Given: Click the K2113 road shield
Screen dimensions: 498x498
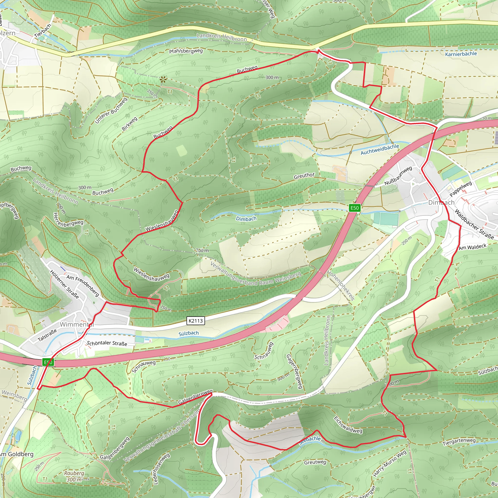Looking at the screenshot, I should pos(196,321).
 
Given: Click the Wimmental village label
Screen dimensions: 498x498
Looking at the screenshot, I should pos(77,324).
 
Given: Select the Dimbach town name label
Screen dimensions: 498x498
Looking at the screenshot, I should pos(441,203).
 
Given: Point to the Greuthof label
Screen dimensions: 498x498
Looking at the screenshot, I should pos(304,176).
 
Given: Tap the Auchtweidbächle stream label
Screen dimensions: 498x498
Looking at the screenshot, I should pos(380,150).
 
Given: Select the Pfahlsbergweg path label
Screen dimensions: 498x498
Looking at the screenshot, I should pos(186,51).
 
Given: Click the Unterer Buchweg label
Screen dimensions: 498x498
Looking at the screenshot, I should pos(111,111).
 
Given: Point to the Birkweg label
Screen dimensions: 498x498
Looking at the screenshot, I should pos(129,124).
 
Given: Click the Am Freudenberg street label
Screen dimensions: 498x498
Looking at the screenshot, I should pos(83,285).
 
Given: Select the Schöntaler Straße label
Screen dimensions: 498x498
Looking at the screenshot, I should pos(107,343).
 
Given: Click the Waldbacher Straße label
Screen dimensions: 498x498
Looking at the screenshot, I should pos(474,224).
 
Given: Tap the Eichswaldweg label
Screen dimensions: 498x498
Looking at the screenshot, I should pos(348,425).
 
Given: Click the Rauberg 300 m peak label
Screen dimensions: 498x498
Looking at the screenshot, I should pos(74,476).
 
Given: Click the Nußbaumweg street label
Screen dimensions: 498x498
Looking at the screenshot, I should pos(398,176).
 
